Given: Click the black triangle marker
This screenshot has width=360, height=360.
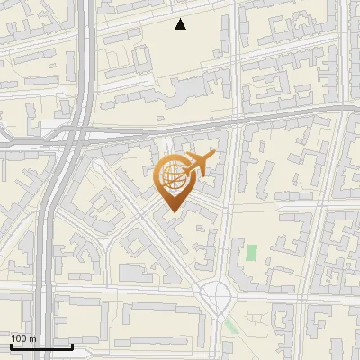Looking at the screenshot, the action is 180,24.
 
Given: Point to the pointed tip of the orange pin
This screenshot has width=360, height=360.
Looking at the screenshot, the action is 170,211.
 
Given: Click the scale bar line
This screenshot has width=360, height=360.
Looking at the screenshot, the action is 41,346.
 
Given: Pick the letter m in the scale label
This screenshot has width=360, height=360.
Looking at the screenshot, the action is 32,338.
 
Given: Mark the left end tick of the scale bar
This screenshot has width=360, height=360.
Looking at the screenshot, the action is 11,345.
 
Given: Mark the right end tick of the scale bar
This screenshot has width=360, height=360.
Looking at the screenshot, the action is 72,345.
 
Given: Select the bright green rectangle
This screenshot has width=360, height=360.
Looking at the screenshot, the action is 251,253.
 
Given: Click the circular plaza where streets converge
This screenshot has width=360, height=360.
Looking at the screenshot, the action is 217,293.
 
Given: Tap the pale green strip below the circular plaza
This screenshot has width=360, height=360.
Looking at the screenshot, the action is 231,325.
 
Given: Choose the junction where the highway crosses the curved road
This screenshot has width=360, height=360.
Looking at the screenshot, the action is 72,137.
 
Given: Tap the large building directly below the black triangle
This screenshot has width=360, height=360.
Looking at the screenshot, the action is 193,90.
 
